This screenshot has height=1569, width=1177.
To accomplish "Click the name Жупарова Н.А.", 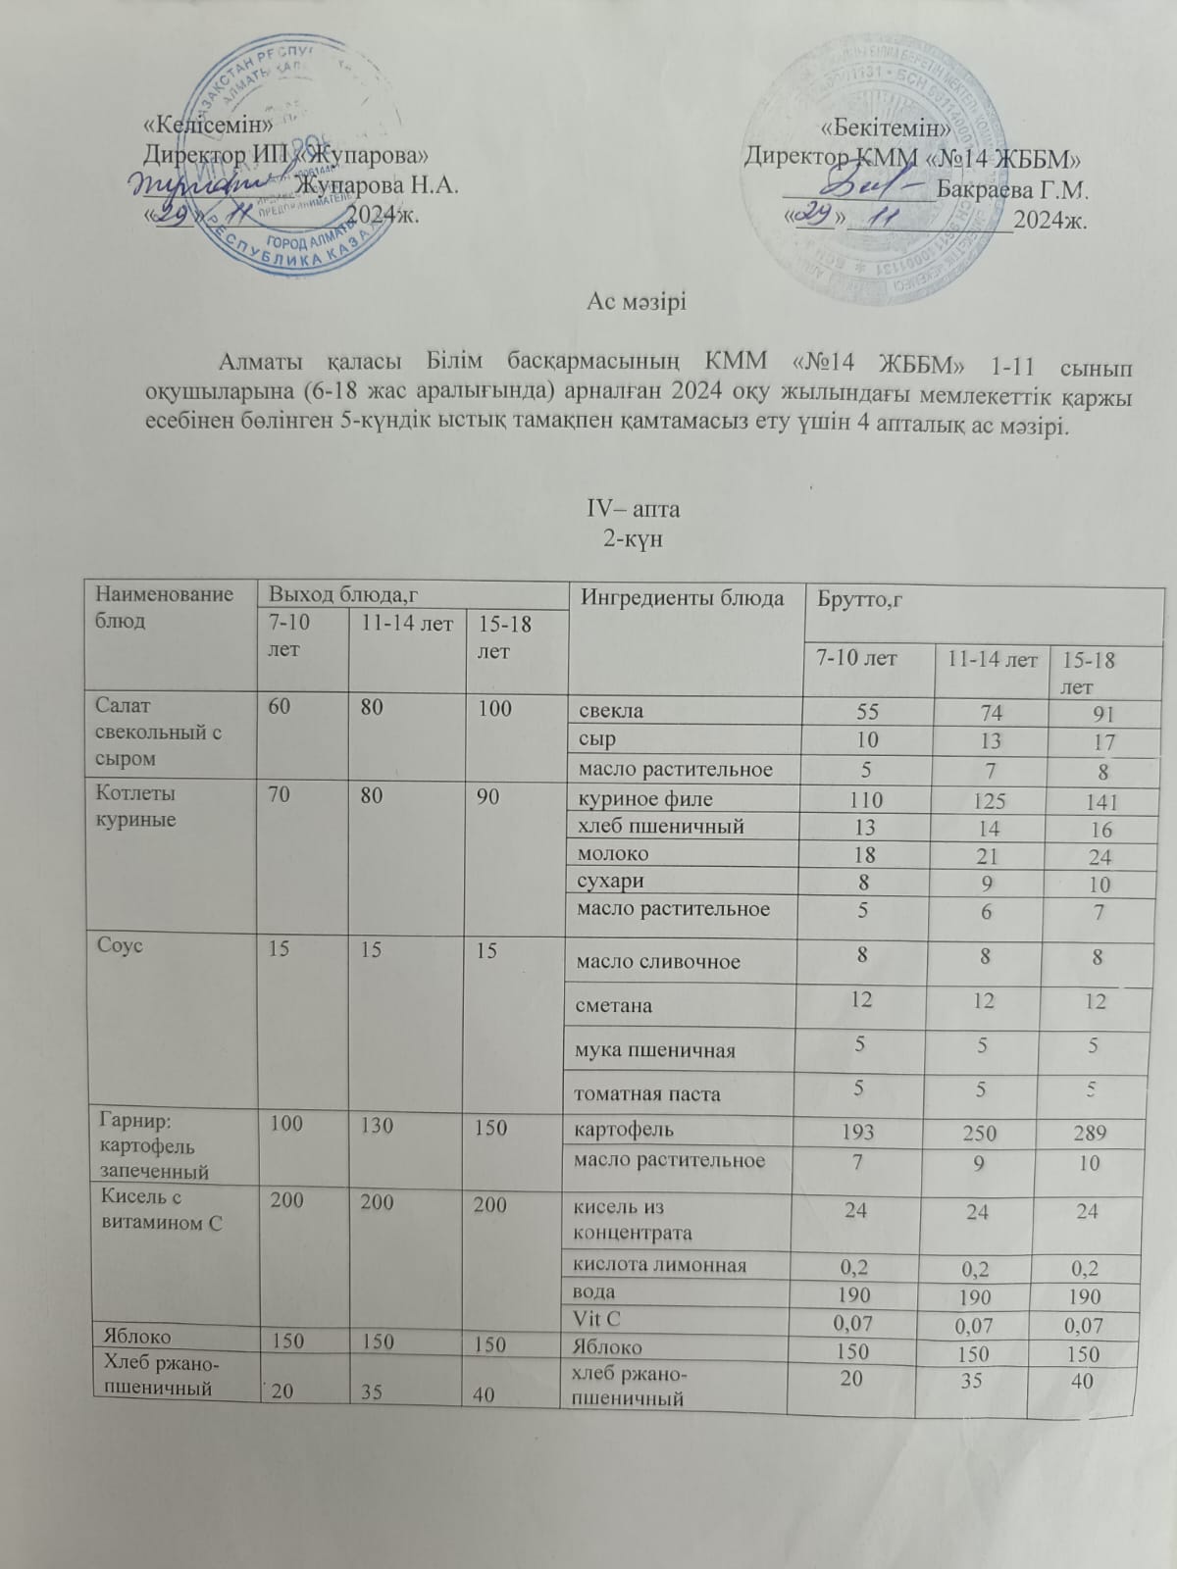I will (377, 184).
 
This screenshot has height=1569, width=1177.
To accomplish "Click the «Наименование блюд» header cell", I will (164, 607).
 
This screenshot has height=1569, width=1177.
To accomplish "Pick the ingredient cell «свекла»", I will (610, 711).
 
